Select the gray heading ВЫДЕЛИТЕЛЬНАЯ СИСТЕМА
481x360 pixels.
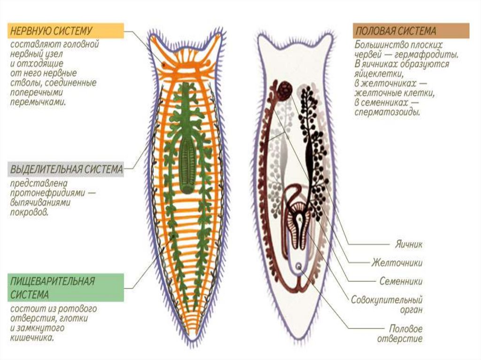[x=66, y=169]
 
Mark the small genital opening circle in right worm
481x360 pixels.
[x=299, y=267]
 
